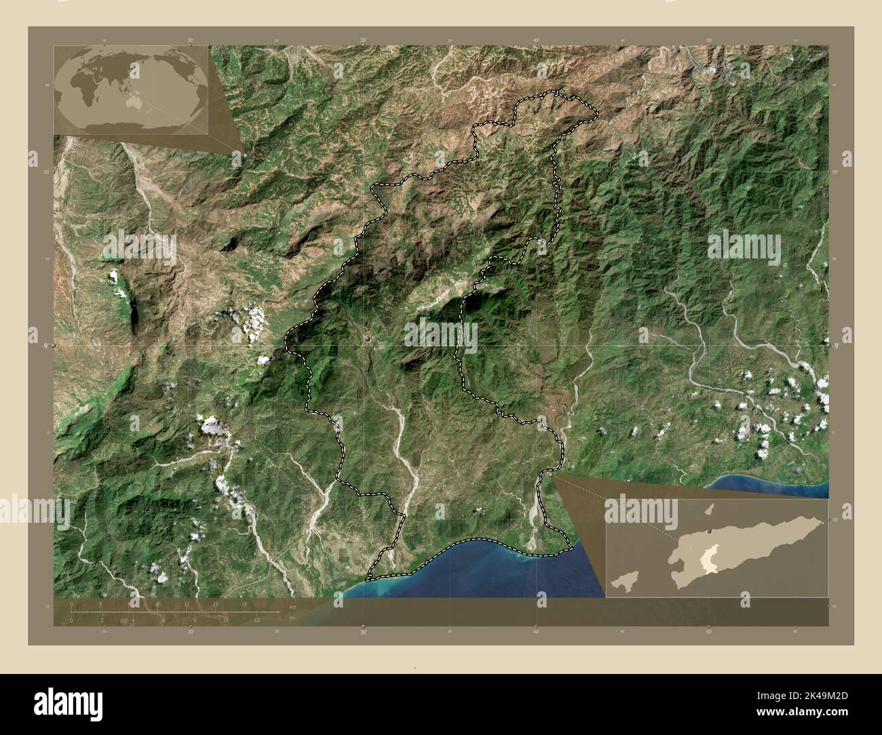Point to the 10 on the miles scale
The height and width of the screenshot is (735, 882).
point(225,620)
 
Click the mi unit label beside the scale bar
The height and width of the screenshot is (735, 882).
point(292,618)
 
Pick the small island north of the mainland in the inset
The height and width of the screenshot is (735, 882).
point(710,508)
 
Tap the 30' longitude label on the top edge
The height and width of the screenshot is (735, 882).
point(364,41)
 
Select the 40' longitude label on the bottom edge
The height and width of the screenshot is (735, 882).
point(536,632)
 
